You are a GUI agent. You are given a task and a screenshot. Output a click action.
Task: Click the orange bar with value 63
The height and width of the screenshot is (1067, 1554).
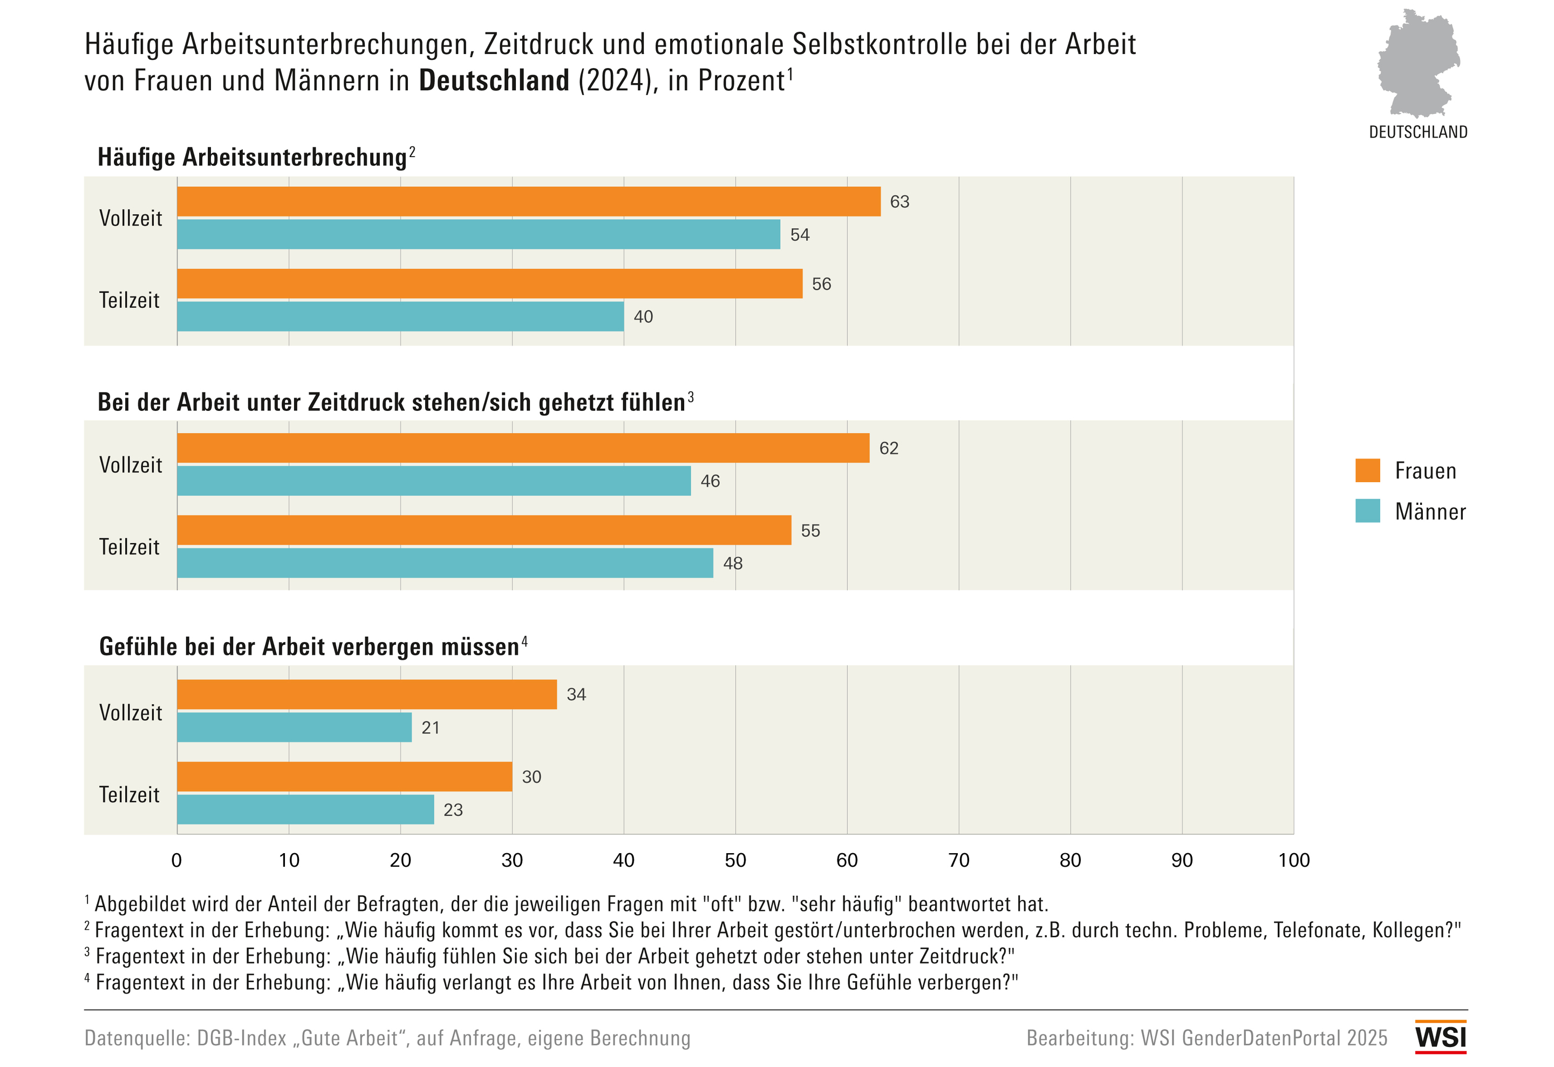[x=528, y=201]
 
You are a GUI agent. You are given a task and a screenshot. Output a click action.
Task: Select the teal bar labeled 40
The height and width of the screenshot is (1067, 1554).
[x=400, y=316]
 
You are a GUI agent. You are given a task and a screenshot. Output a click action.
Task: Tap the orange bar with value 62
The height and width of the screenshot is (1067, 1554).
[x=523, y=448]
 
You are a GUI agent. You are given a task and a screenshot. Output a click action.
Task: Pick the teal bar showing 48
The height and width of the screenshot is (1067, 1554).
[x=445, y=563]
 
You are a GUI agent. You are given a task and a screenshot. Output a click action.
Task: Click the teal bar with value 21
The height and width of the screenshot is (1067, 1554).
[x=294, y=727]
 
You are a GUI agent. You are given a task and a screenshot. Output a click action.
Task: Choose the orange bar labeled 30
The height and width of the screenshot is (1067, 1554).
[x=344, y=776]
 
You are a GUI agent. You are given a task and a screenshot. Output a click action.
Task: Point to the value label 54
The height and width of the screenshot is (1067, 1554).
[x=800, y=235]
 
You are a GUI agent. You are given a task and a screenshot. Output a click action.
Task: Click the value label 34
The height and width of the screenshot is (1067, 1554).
[x=576, y=694]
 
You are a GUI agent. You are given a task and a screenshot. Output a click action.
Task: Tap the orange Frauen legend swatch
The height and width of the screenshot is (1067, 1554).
[x=1367, y=470]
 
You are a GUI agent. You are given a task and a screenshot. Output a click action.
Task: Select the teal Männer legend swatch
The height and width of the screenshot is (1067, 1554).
[x=1367, y=511]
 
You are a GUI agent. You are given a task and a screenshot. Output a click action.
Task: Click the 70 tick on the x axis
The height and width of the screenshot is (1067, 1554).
[x=958, y=860]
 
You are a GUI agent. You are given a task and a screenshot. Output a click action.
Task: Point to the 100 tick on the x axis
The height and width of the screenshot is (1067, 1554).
[x=1293, y=860]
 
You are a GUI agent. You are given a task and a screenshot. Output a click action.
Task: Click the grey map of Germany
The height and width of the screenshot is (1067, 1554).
[x=1417, y=64]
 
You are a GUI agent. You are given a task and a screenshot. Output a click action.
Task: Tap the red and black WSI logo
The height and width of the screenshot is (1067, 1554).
[x=1440, y=1037]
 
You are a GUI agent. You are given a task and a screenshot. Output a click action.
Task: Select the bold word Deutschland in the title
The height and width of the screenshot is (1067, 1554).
[x=494, y=81]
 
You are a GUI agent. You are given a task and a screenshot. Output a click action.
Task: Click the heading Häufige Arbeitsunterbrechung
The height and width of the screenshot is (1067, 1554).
[x=252, y=158]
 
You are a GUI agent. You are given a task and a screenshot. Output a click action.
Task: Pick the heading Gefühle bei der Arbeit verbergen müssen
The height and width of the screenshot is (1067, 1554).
[x=309, y=647]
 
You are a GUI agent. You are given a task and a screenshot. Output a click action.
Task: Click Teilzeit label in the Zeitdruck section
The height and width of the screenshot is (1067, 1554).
[x=129, y=547]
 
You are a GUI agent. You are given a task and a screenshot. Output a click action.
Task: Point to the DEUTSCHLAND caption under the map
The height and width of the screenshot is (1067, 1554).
[x=1417, y=132]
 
